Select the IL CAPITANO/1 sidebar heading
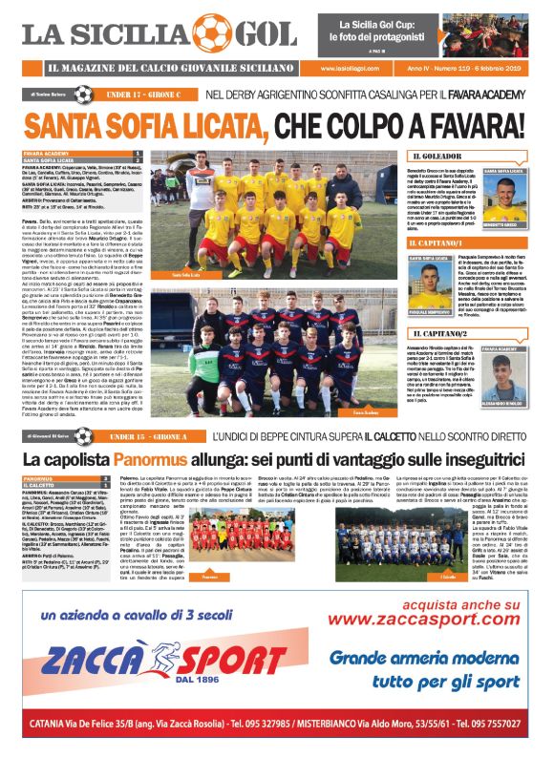[444, 245]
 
